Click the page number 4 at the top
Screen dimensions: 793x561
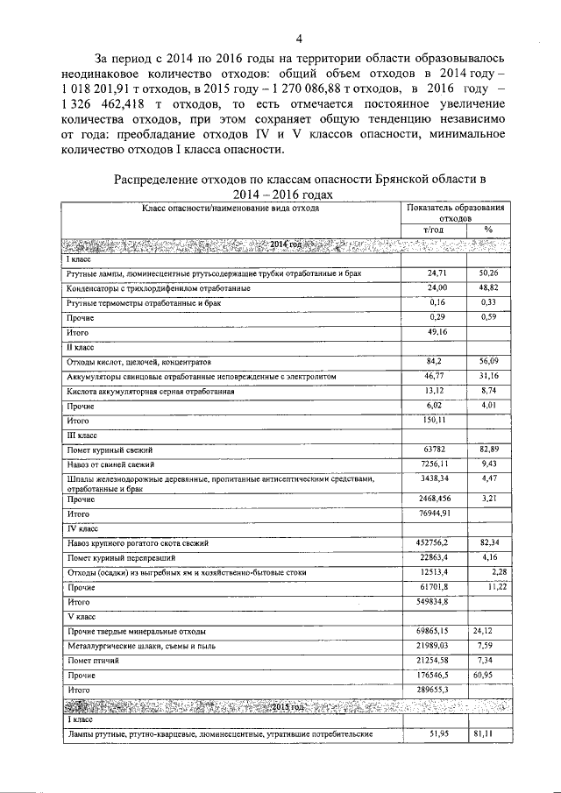[x=298, y=38]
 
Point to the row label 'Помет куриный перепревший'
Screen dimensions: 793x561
[x=122, y=558]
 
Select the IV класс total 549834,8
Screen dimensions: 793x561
[x=435, y=603]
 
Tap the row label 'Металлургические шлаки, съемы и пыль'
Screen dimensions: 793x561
[x=143, y=647]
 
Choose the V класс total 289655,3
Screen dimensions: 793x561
[x=435, y=690]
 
